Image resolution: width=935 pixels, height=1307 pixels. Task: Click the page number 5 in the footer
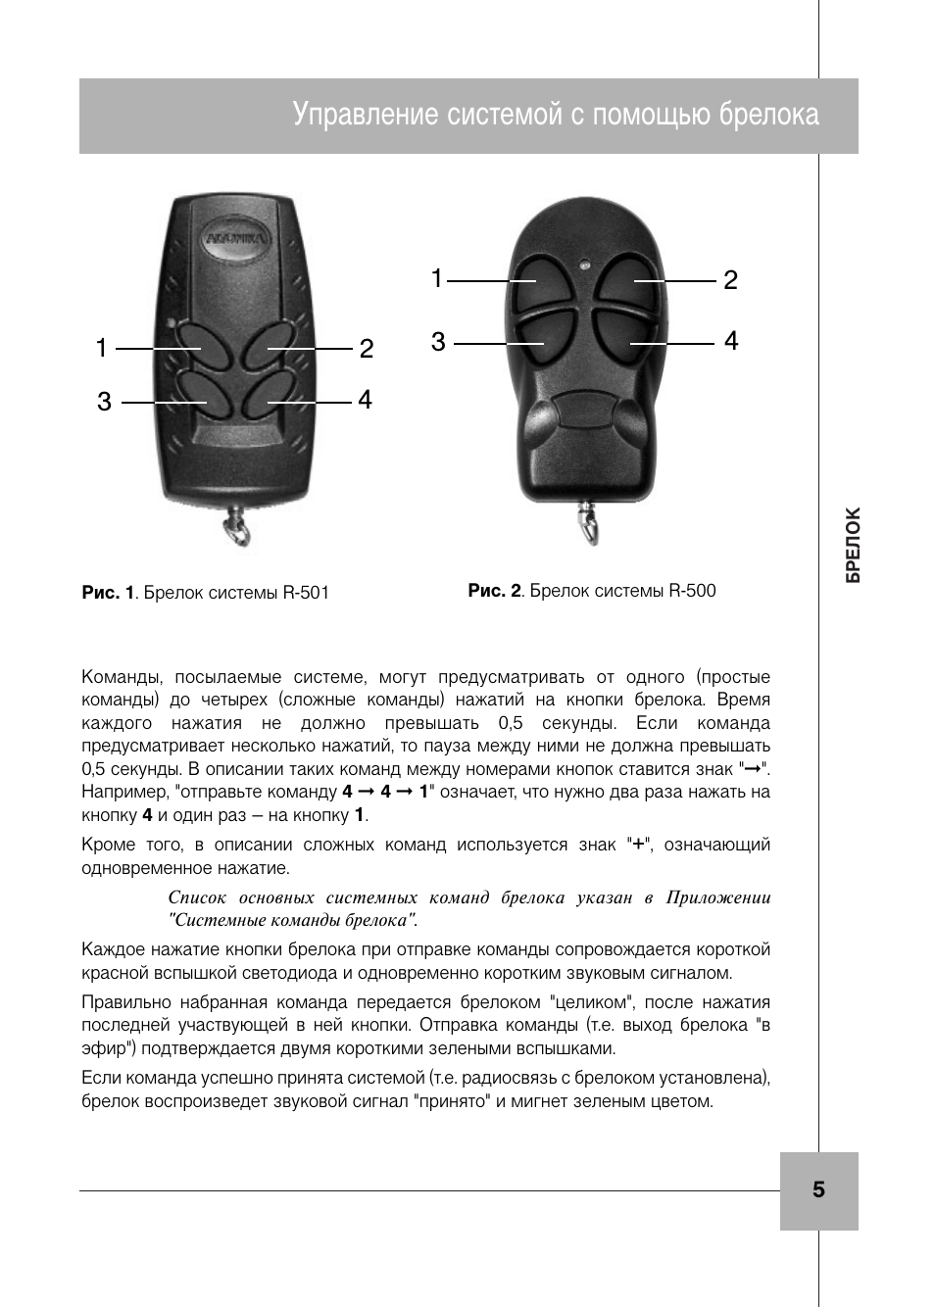(818, 1189)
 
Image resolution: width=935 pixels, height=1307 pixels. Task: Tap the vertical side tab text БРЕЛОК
(854, 546)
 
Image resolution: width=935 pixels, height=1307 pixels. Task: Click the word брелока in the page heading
(768, 115)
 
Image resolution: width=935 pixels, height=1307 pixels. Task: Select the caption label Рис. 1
(108, 593)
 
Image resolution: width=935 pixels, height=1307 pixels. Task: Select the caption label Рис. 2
(494, 591)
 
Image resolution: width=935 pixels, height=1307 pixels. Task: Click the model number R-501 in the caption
(306, 593)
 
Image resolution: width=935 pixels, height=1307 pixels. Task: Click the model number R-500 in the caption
(692, 591)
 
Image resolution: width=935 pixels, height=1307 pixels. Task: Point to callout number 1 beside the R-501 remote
(101, 348)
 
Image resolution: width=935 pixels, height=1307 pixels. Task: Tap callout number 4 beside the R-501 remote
(365, 400)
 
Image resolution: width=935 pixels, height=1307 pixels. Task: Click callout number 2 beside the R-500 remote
(730, 280)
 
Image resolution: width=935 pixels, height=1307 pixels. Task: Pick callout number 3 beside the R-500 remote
(438, 342)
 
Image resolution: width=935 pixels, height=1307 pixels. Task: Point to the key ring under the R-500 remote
(587, 518)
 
